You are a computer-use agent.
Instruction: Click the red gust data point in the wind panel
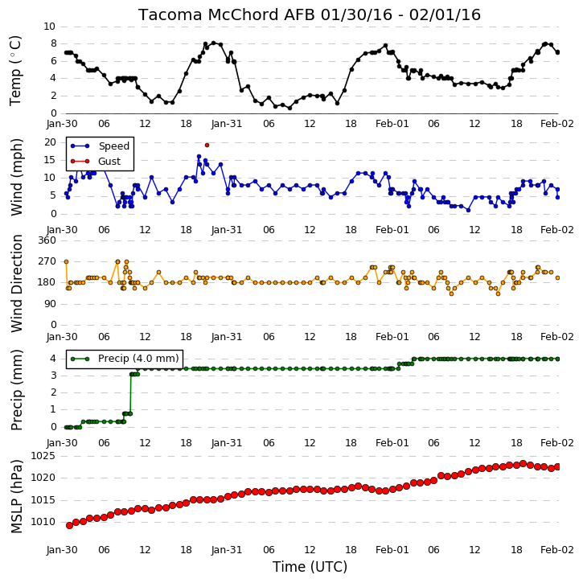(x=207, y=145)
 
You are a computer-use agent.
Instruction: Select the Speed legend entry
(x=100, y=146)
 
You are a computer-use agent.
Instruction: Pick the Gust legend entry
(x=96, y=162)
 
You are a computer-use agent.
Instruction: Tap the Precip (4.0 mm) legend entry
(x=125, y=359)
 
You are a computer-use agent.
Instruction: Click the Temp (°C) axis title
(x=15, y=71)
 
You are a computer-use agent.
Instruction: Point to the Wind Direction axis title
(x=17, y=283)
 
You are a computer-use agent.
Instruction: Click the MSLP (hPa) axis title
(x=17, y=496)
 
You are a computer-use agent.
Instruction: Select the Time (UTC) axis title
(x=310, y=567)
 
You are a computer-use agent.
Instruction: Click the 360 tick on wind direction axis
(x=47, y=240)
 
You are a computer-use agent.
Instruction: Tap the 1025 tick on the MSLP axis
(x=43, y=456)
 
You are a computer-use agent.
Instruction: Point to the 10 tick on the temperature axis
(x=49, y=27)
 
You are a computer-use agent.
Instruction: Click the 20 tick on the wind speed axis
(x=50, y=142)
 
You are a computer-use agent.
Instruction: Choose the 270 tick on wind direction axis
(x=47, y=261)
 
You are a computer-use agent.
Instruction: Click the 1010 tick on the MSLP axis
(x=43, y=522)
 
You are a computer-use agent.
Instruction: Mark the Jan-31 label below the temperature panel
(x=227, y=124)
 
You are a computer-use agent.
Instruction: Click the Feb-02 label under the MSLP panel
(x=557, y=549)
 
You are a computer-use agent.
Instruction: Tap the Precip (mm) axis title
(x=17, y=390)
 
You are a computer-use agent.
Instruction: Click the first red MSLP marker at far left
(x=69, y=525)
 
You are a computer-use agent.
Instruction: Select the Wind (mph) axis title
(x=17, y=177)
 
